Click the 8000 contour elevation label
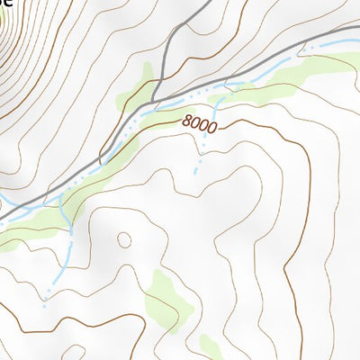[x=199, y=125]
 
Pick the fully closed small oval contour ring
[x=123, y=239]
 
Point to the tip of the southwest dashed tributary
[x=43, y=297]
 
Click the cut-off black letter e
[x=6, y=3]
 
